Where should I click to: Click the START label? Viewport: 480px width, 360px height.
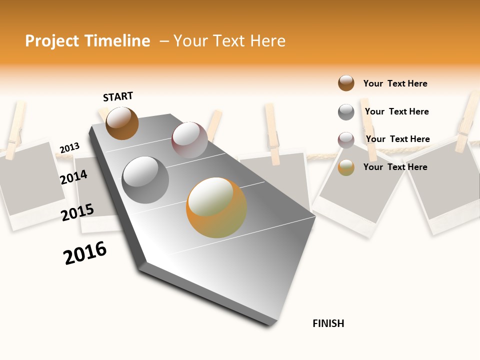118,96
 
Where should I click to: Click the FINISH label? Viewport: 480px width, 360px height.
328,323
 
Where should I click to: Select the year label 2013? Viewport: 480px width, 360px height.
69,148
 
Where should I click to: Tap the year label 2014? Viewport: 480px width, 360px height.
73,177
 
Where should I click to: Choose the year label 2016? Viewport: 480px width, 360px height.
85,253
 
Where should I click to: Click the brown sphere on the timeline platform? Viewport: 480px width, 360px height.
122,123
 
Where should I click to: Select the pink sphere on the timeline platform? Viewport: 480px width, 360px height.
189,139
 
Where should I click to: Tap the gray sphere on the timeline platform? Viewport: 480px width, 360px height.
145,180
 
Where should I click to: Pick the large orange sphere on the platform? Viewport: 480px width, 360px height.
216,207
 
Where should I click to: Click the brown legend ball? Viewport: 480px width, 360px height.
346,83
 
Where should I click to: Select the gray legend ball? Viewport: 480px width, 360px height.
346,112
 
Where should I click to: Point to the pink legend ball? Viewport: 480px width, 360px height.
346,140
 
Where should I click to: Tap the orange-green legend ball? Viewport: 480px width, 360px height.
346,167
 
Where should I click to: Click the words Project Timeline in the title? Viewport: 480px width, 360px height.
87,41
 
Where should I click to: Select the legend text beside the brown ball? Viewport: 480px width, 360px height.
395,83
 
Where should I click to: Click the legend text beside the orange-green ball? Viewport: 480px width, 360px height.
395,167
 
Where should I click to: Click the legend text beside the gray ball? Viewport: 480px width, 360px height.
396,111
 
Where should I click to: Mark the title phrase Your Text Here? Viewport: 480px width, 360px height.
229,41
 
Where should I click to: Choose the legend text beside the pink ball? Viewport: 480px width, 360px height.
397,139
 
